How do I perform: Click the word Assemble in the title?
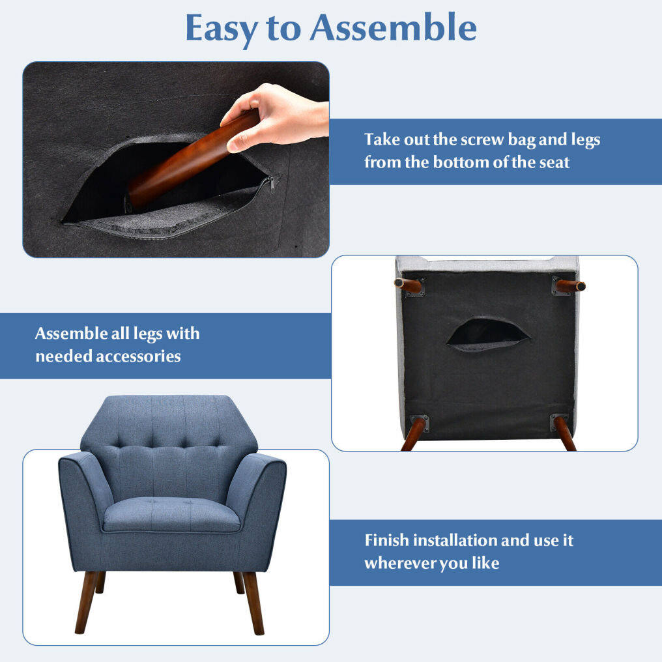coord(394,28)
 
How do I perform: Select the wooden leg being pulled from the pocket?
coord(192,160)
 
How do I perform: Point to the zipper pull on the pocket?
coord(272,184)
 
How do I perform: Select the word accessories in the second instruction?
coord(139,356)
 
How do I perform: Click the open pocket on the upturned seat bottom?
coord(487,334)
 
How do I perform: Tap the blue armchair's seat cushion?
coord(171,514)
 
